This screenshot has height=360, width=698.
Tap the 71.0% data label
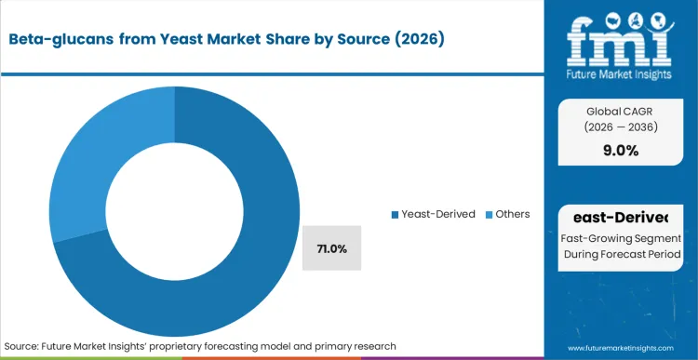click(331, 249)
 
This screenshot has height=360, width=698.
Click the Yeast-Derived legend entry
click(436, 214)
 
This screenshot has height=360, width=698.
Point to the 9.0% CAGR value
click(620, 151)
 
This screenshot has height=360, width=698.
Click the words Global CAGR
click(620, 110)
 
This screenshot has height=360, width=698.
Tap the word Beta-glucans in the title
click(57, 39)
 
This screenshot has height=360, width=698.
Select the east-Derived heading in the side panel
click(621, 218)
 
